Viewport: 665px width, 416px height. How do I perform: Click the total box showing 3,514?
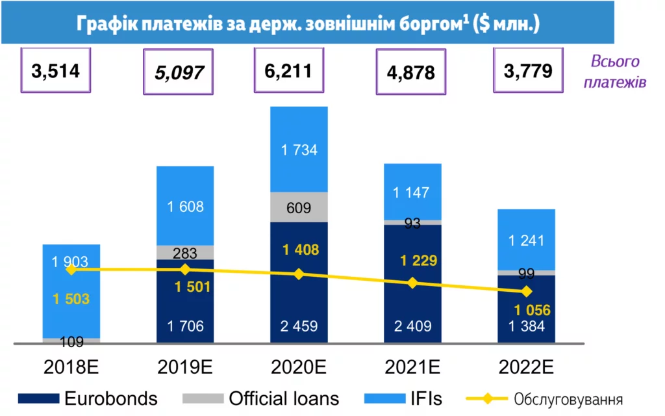55,71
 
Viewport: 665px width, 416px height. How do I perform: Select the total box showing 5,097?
179,71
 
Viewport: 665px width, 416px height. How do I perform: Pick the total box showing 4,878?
410,72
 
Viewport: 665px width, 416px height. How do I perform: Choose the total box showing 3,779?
528,70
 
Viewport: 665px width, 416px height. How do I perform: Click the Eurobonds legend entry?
88,398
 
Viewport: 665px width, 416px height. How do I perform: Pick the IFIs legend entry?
403,398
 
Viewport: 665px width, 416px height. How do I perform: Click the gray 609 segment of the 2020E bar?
299,207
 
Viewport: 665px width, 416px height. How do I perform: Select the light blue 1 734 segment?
299,149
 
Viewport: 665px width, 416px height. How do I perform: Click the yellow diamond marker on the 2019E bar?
185,269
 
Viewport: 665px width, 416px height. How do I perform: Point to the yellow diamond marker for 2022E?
527,291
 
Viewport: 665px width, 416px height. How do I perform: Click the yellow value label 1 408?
299,250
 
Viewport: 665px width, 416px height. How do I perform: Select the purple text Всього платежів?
614,71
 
